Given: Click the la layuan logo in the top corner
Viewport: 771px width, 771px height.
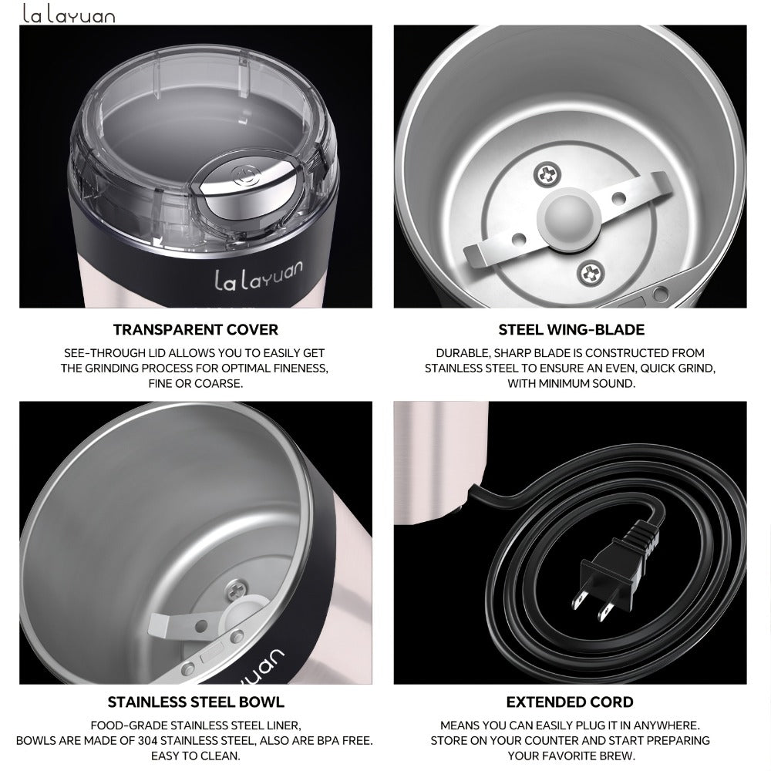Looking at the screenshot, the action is pos(69,14).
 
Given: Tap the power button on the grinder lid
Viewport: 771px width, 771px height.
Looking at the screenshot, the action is pos(241,176).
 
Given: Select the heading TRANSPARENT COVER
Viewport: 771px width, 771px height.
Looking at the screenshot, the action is pos(196,329).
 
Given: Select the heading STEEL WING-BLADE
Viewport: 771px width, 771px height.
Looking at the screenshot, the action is pos(571,329).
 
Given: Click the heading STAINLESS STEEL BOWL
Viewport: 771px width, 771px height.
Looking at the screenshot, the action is pos(196,702).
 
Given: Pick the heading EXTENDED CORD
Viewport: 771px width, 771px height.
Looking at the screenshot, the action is pos(570,702).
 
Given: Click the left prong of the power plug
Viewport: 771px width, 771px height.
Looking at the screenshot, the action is pos(577,599).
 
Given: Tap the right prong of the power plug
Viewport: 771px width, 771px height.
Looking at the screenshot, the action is pos(604,611).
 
